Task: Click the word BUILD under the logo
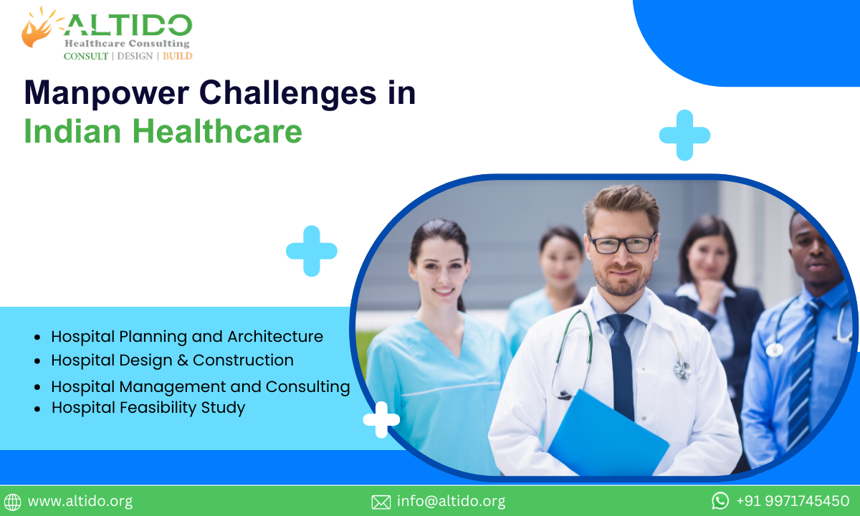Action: point(178,56)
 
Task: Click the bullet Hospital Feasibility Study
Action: point(148,408)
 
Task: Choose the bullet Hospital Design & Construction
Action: point(172,360)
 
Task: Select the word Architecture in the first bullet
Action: point(275,336)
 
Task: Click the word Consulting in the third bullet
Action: point(307,386)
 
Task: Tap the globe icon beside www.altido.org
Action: point(12,502)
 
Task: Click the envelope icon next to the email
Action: point(381,502)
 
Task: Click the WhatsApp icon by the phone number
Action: point(720,500)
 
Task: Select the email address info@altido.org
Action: point(451,501)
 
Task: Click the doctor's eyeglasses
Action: point(621,244)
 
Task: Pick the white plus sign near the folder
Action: point(381,419)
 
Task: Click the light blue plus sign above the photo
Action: point(684,135)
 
